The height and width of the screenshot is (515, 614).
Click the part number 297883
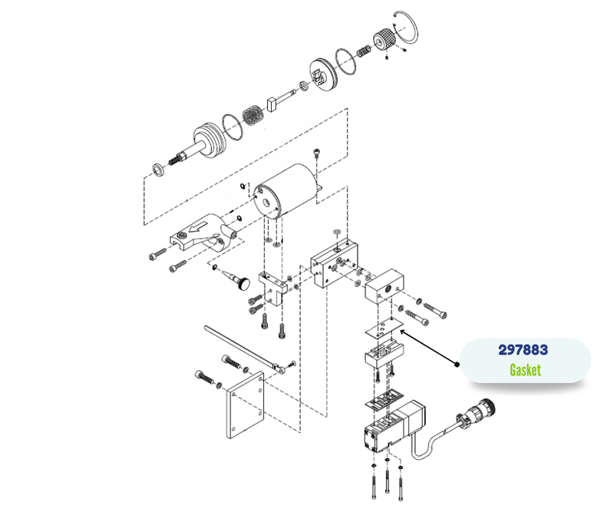click(x=525, y=349)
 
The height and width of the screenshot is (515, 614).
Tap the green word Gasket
click(x=525, y=370)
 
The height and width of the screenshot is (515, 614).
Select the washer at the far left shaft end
click(x=157, y=167)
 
